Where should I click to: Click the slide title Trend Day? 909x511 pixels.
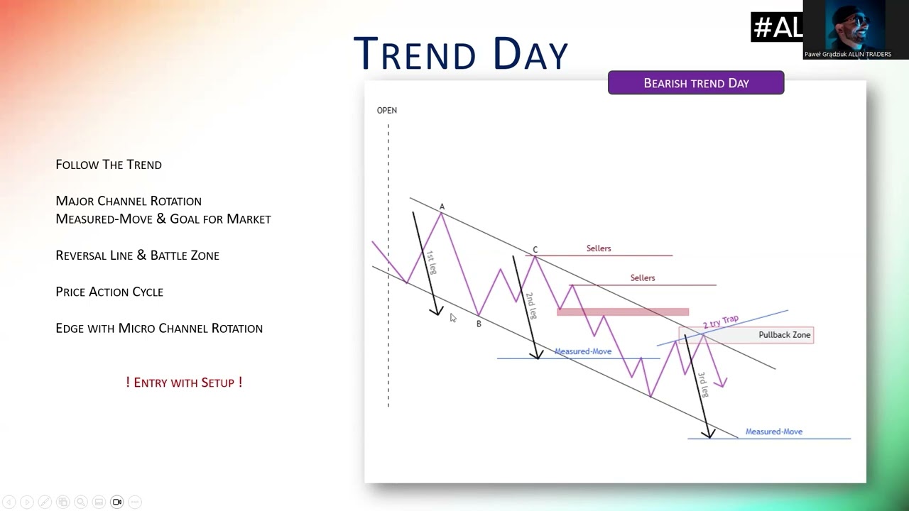tap(461, 53)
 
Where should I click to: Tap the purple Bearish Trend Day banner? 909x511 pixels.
tap(696, 83)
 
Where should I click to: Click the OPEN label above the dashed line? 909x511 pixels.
tap(387, 110)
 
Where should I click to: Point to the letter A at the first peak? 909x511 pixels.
tap(442, 207)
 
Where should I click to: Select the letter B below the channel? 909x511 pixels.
tap(479, 324)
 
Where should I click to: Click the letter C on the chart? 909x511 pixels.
tap(535, 249)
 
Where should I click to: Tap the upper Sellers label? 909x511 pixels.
tap(599, 248)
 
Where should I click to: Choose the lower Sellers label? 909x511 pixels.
tap(643, 278)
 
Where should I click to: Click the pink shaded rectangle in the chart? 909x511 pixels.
tap(623, 312)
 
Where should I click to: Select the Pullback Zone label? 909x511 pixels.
tap(785, 334)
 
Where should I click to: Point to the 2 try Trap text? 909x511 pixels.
tap(721, 322)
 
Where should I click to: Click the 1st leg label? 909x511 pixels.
tap(431, 263)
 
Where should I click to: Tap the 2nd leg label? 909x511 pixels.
tap(531, 305)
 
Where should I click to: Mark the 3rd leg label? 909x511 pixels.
tap(704, 384)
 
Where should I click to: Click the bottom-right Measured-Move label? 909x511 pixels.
tap(774, 432)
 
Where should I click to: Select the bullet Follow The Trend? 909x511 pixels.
tap(109, 164)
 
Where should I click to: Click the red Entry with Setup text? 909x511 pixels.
tap(184, 382)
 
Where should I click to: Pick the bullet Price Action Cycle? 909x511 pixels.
tap(109, 292)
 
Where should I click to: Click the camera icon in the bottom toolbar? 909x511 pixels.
tap(117, 502)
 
